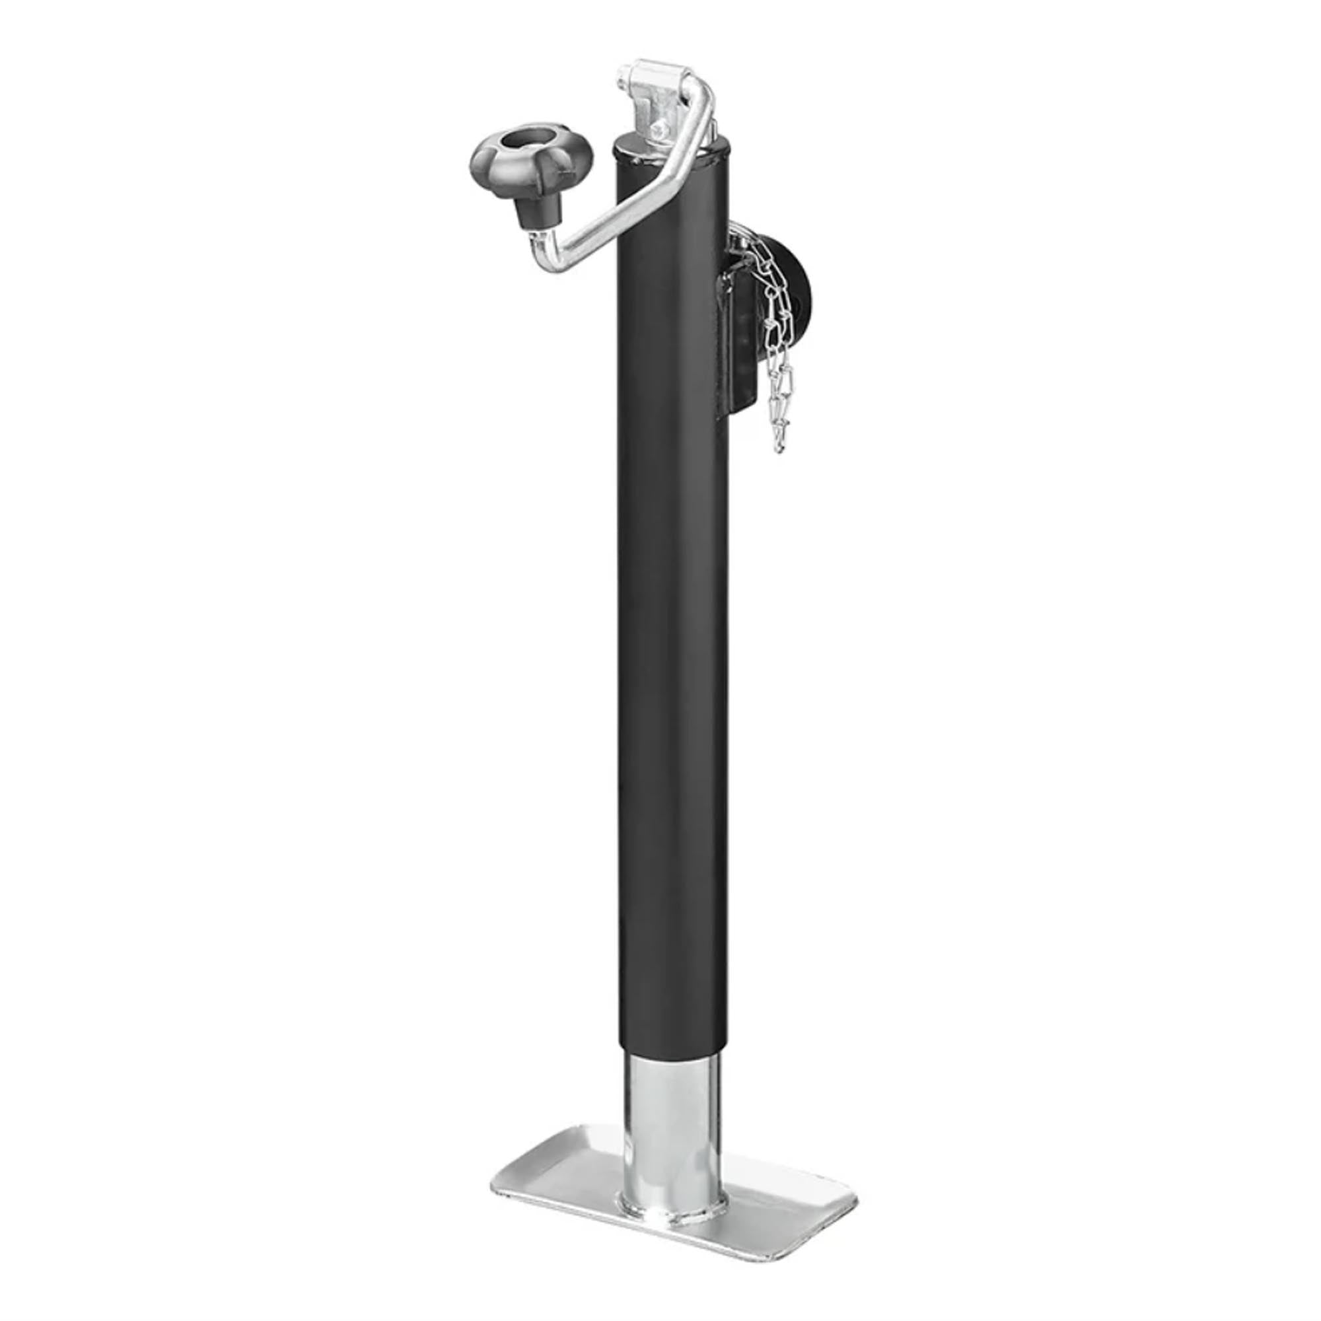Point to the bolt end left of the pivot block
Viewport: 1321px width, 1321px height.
click(x=622, y=74)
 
